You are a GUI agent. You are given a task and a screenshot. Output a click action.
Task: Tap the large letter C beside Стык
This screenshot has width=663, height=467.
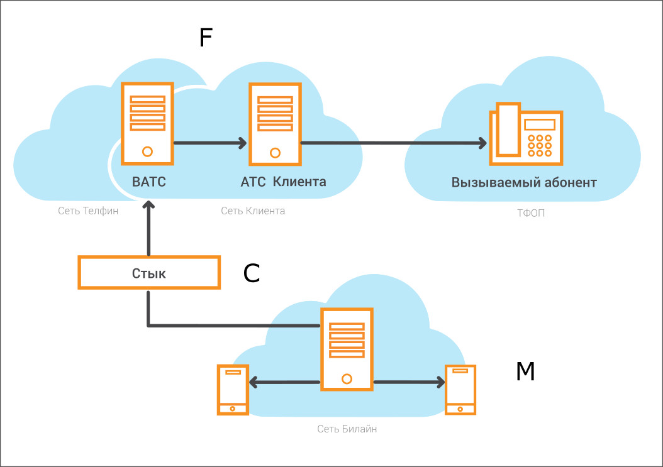pyautogui.click(x=251, y=273)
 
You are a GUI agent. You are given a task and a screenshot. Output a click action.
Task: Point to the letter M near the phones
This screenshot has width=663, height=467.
pyautogui.click(x=525, y=371)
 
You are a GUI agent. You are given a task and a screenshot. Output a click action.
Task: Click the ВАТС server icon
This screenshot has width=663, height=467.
pyautogui.click(x=147, y=123)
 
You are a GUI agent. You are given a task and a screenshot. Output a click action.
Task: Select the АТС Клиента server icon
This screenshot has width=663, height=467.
pyautogui.click(x=275, y=124)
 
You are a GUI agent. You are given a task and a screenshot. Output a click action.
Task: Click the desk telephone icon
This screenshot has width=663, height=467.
pyautogui.click(x=526, y=133)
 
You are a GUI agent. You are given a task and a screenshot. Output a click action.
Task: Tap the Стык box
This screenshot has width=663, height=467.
pyautogui.click(x=149, y=273)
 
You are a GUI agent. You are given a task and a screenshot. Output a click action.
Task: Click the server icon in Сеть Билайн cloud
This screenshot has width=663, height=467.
pyautogui.click(x=347, y=349)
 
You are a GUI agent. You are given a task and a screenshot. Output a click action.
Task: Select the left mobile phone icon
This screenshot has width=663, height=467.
pyautogui.click(x=233, y=390)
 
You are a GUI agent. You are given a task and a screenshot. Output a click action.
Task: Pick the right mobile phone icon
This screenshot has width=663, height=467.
pyautogui.click(x=460, y=390)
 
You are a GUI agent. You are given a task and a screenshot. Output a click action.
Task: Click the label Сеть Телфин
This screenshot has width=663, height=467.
pyautogui.click(x=88, y=211)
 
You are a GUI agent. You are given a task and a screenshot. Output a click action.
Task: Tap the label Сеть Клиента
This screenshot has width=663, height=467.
pyautogui.click(x=253, y=211)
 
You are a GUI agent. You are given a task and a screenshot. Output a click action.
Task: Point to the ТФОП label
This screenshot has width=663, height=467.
pyautogui.click(x=531, y=213)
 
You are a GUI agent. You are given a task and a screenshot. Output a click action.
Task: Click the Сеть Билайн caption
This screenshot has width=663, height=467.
pyautogui.click(x=347, y=429)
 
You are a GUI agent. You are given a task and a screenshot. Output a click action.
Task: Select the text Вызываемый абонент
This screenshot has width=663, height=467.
pyautogui.click(x=524, y=182)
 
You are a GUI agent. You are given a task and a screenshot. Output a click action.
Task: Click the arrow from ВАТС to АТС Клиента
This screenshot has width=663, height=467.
pyautogui.click(x=210, y=143)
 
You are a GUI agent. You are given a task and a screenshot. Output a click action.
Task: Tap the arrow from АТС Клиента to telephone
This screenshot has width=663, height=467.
pyautogui.click(x=394, y=143)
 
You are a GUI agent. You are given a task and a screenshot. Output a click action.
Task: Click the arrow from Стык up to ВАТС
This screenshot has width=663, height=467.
pyautogui.click(x=148, y=228)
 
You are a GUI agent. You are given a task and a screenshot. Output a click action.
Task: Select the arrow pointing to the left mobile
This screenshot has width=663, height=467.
pyautogui.click(x=284, y=383)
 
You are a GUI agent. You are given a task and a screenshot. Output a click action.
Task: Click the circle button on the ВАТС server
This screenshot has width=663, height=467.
pyautogui.click(x=147, y=151)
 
